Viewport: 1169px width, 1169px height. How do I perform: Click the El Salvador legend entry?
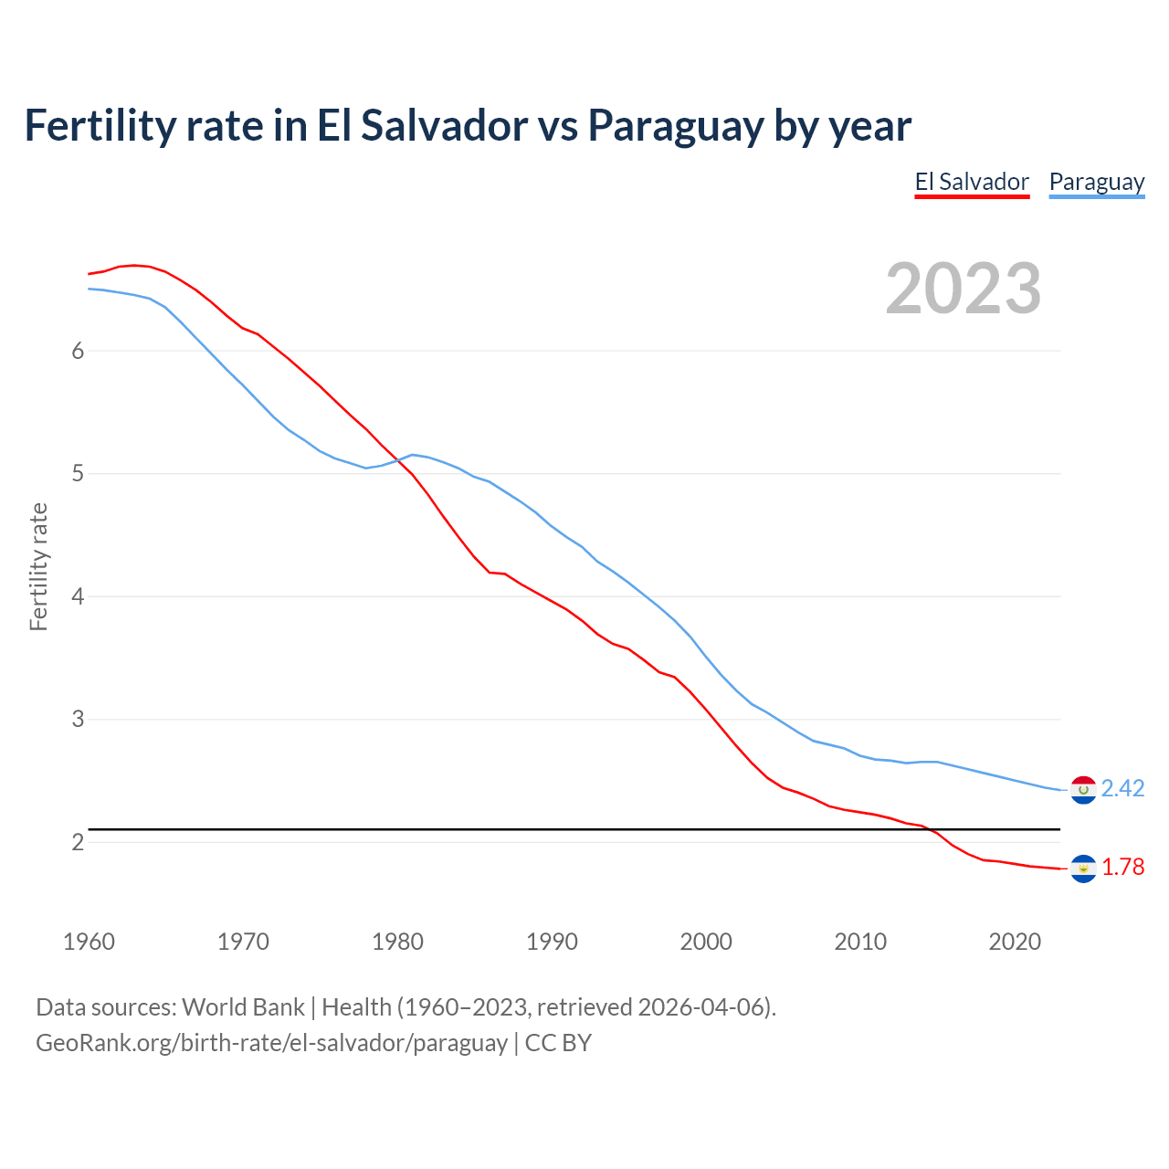click(972, 182)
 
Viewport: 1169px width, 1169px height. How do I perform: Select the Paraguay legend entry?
click(1096, 182)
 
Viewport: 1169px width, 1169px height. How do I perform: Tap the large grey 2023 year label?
click(963, 289)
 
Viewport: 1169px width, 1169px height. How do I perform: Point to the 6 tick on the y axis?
click(78, 352)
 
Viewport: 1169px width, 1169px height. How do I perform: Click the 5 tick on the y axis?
click(78, 474)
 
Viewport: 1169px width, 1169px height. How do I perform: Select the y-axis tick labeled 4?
click(78, 597)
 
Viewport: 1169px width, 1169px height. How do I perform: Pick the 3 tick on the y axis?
click(78, 720)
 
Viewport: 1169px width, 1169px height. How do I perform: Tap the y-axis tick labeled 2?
click(78, 842)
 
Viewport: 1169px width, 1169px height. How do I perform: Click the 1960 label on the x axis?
click(89, 942)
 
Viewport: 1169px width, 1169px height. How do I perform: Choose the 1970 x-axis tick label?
click(243, 942)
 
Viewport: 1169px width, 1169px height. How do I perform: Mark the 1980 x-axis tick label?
click(397, 942)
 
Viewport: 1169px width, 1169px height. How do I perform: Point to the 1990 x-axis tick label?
click(552, 942)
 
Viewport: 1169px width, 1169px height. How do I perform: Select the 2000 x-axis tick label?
click(706, 942)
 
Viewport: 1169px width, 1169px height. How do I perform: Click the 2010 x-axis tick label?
click(860, 942)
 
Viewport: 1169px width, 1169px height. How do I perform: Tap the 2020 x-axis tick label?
click(1015, 942)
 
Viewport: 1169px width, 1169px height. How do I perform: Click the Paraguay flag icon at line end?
click(1083, 790)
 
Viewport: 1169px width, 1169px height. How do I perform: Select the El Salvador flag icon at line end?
click(1083, 869)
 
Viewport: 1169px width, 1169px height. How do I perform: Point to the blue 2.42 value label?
click(1122, 788)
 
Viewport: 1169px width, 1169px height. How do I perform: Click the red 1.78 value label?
click(1122, 867)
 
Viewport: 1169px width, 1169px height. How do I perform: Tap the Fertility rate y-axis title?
click(38, 566)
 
